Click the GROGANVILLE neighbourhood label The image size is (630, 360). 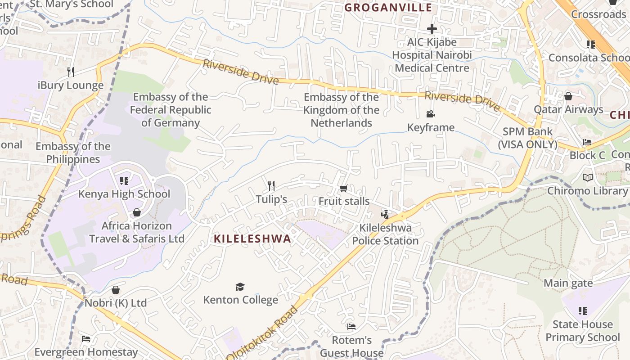tap(388, 8)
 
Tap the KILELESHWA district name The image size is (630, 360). tap(252, 239)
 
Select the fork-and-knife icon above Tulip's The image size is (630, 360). tap(271, 185)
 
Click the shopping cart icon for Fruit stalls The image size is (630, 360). tap(343, 188)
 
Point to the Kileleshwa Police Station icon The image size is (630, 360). tap(385, 214)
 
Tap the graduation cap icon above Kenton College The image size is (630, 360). tap(240, 287)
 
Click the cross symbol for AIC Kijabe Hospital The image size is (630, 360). tap(432, 29)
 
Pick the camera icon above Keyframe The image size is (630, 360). tap(431, 114)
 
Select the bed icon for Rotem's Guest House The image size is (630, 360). tap(351, 327)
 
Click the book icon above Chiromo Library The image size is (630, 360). tap(587, 178)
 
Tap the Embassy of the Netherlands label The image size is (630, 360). tap(341, 110)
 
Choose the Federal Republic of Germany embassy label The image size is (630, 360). tap(171, 110)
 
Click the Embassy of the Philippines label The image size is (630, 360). tap(73, 153)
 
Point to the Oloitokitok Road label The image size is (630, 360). tap(263, 333)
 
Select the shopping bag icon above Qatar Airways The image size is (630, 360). tap(568, 96)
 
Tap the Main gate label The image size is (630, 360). tap(568, 283)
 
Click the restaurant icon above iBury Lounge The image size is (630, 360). tap(70, 72)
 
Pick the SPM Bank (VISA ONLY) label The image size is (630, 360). tap(527, 138)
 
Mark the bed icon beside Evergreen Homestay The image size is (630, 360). tap(86, 338)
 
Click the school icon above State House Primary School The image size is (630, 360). tap(583, 311)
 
